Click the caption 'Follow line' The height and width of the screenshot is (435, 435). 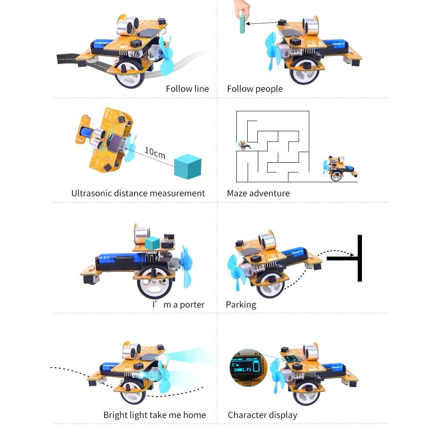(187, 89)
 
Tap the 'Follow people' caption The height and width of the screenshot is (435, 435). (254, 89)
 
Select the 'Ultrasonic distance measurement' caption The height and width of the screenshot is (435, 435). (138, 193)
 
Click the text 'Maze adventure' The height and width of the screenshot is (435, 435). (258, 193)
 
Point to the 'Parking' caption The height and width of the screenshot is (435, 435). (241, 305)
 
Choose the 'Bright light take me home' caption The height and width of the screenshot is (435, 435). (155, 415)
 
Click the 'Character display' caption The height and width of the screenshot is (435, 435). (262, 415)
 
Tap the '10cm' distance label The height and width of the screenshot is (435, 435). (155, 153)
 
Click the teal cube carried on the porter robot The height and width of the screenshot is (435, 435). (152, 243)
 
